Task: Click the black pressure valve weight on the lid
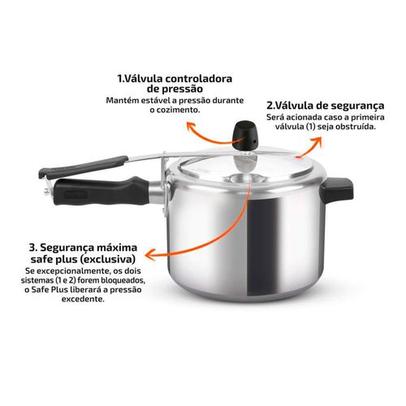(x=245, y=136)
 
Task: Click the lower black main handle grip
(x=101, y=191)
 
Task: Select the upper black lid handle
(x=84, y=166)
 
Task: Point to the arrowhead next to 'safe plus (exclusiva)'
(x=150, y=254)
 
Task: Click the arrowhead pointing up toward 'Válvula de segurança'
(x=316, y=141)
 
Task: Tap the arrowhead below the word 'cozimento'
(x=191, y=127)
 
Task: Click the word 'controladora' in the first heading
(x=199, y=79)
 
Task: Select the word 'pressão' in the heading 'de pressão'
(x=183, y=89)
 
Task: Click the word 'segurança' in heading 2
(x=357, y=106)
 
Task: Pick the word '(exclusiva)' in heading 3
(x=107, y=259)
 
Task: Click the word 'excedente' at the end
(x=83, y=300)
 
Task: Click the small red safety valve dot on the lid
(x=298, y=157)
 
